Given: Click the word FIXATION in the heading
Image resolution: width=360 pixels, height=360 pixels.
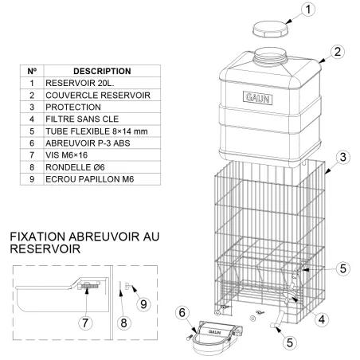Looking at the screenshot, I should point(41,238).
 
